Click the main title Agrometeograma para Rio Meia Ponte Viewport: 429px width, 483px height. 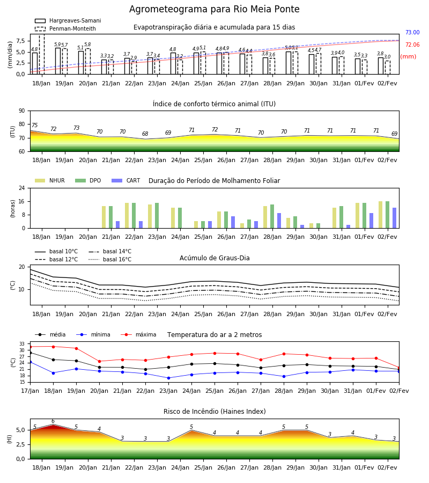(214, 9)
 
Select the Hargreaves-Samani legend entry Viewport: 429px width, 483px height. (68, 20)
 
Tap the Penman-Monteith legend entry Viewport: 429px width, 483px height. (65, 28)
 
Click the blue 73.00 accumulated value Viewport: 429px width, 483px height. (412, 32)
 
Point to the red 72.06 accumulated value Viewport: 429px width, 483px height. (412, 45)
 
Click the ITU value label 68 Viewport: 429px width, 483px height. (145, 134)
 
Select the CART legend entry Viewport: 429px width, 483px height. (126, 180)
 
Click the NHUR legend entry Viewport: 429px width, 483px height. (50, 180)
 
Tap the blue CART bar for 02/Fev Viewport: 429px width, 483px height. (395, 218)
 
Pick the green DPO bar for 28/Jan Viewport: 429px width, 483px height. (272, 216)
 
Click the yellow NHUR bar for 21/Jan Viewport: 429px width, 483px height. (103, 217)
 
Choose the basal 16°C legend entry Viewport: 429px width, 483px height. (110, 259)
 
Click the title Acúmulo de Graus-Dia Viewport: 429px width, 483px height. (214, 258)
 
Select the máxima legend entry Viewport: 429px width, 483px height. (138, 334)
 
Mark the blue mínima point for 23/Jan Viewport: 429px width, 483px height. (168, 378)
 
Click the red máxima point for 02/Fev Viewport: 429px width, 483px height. (399, 368)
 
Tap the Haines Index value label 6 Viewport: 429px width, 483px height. (53, 421)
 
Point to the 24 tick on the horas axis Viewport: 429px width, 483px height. (22, 188)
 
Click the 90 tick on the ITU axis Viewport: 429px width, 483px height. (22, 111)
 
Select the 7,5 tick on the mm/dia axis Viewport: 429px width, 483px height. (20, 41)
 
